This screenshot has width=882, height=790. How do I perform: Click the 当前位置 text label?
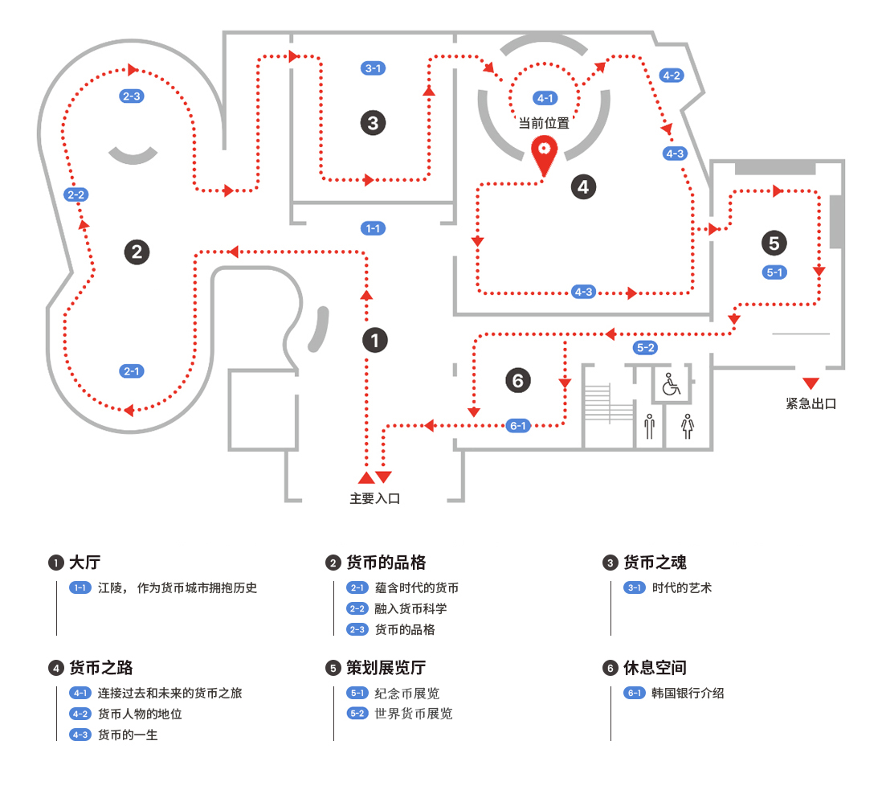(x=544, y=123)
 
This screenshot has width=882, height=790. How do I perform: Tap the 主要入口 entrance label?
(x=374, y=498)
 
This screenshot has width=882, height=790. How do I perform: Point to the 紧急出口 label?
(x=811, y=403)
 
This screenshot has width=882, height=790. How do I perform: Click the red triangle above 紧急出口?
(x=811, y=383)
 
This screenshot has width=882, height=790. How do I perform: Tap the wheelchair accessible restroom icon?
(x=671, y=386)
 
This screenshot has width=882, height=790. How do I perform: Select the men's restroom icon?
(x=649, y=425)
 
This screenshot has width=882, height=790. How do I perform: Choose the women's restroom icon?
(x=687, y=425)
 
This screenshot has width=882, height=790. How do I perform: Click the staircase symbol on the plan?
(x=610, y=403)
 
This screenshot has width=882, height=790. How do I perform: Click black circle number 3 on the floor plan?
(x=373, y=123)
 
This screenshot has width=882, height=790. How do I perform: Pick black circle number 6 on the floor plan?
(x=518, y=379)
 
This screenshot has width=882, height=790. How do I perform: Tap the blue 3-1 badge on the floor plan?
(x=373, y=68)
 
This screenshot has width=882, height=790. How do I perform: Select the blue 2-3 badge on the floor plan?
(x=131, y=96)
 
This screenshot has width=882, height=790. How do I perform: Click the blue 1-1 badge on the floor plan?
(x=373, y=228)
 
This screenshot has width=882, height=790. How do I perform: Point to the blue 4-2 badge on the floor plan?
(x=671, y=76)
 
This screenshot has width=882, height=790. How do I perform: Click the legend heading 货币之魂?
(x=655, y=563)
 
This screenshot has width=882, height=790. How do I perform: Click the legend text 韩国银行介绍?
(x=688, y=693)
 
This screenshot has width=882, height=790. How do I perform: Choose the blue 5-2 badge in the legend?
(x=357, y=714)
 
